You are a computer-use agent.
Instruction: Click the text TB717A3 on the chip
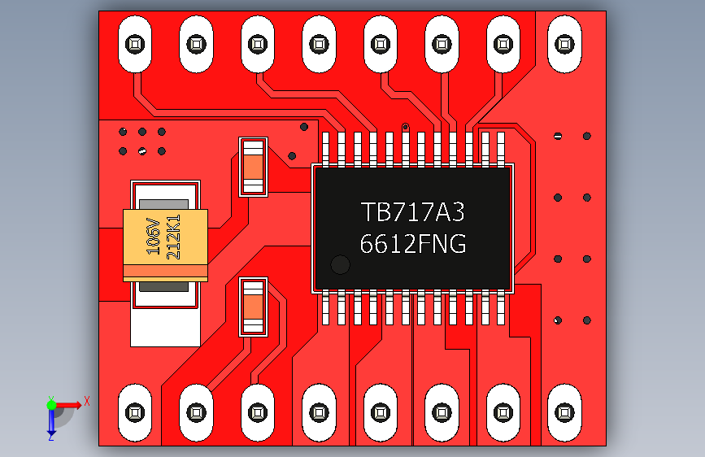click(412, 213)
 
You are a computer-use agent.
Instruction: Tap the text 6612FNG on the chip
click(412, 244)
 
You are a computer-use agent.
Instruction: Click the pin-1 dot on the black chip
click(340, 265)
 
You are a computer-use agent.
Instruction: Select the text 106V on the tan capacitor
click(152, 236)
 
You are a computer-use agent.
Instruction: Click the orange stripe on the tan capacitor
click(166, 270)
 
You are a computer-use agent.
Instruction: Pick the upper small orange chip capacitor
click(253, 167)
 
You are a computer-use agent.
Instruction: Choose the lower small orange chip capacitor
click(253, 307)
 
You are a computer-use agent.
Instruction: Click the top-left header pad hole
click(135, 41)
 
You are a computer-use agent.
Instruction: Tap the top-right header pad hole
click(564, 41)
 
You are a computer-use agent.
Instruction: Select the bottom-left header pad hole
click(135, 411)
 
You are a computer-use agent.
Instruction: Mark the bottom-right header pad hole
click(564, 411)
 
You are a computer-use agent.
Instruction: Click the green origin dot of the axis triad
click(51, 403)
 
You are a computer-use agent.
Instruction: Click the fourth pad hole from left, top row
click(319, 41)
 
